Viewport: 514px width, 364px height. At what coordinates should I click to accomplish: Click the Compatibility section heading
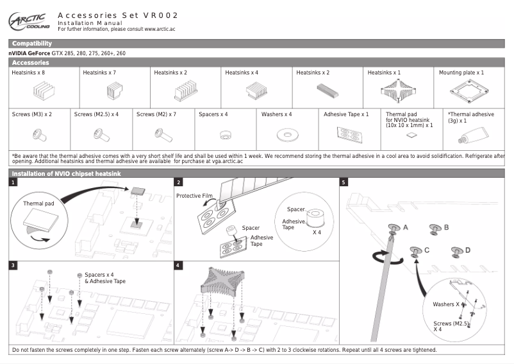[x=32, y=43]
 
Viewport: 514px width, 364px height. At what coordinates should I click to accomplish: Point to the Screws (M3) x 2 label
[x=32, y=114]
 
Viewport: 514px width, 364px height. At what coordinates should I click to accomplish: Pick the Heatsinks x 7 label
[x=99, y=73]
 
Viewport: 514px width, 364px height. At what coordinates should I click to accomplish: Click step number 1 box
[x=13, y=182]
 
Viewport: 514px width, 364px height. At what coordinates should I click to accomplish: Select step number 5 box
[x=344, y=182]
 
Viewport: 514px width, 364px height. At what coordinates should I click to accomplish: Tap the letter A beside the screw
[x=405, y=227]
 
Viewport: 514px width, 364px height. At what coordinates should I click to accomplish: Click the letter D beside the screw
[x=467, y=249]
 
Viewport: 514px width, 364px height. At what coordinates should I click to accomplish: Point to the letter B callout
[x=446, y=227]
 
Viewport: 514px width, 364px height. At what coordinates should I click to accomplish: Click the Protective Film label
[x=194, y=195]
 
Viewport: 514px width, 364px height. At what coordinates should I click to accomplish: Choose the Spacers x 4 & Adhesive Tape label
[x=105, y=278]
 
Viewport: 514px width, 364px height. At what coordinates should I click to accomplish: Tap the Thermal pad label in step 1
[x=38, y=204]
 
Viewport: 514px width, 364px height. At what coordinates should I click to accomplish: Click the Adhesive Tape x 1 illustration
[x=347, y=134]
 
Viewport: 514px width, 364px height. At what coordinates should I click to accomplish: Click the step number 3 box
[x=13, y=264]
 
